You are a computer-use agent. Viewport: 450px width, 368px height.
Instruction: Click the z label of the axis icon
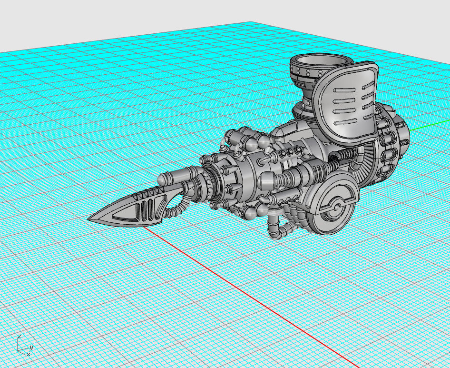(19, 337)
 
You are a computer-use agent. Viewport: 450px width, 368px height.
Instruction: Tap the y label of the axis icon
(31, 348)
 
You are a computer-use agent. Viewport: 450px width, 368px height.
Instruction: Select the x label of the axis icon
(28, 354)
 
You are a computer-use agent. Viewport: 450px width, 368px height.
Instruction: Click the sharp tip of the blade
(89, 219)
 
